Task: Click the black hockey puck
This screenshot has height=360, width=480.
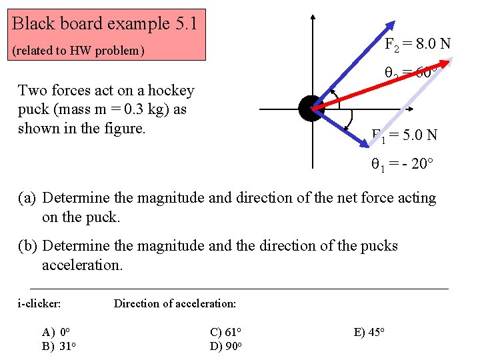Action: click(x=311, y=109)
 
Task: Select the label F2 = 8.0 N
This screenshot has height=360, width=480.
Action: click(x=417, y=44)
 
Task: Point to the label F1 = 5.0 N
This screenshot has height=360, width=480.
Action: click(x=404, y=135)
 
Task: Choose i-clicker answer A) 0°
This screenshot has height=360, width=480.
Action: click(x=56, y=331)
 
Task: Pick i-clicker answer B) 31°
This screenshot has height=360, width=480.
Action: click(x=57, y=346)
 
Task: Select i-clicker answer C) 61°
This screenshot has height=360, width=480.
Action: click(x=225, y=331)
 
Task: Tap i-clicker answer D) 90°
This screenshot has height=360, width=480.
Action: click(x=225, y=346)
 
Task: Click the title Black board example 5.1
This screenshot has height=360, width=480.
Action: click(x=105, y=24)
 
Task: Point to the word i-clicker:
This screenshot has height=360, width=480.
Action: click(x=39, y=304)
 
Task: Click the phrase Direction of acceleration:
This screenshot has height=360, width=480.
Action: click(x=175, y=304)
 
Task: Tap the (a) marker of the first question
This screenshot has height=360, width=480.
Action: click(x=27, y=198)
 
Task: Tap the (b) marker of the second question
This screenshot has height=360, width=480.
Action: click(x=27, y=246)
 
